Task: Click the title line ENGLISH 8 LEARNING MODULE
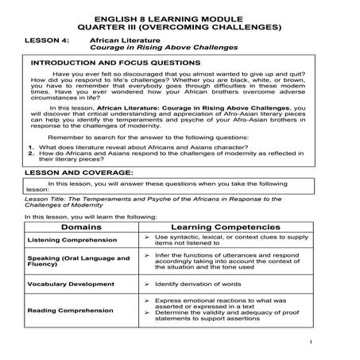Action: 180,16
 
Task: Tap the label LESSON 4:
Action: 46,38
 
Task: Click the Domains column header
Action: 81,227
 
